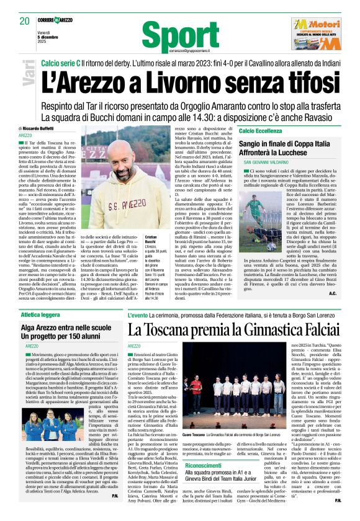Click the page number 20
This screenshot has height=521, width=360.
point(25,21)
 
